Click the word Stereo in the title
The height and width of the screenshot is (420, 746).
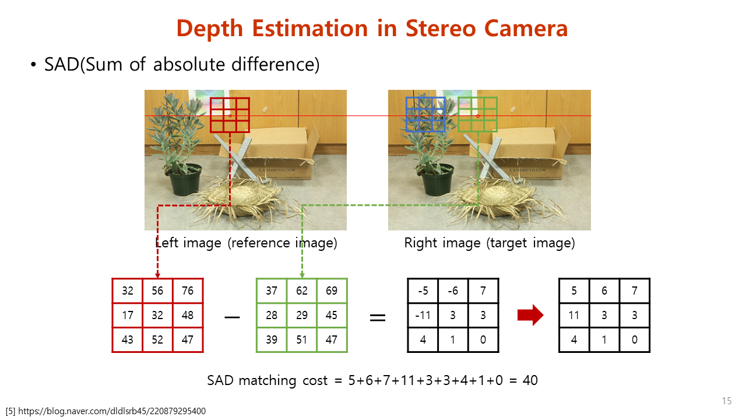[x=441, y=29]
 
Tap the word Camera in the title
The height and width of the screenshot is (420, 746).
[x=526, y=29]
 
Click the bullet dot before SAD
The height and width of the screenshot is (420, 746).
[x=33, y=64]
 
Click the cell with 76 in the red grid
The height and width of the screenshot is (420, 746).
[x=188, y=290]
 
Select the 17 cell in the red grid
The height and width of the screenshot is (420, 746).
[x=127, y=316]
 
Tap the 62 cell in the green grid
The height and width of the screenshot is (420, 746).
[x=302, y=290]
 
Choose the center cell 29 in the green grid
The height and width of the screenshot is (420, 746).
[x=302, y=316]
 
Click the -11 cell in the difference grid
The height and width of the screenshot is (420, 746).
[x=423, y=316]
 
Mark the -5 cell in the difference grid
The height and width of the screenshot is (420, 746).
[x=423, y=290]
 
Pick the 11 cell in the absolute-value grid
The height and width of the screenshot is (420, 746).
[x=574, y=316]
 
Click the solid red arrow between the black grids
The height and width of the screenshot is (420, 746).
[x=530, y=315]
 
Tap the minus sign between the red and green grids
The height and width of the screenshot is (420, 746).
[x=232, y=317]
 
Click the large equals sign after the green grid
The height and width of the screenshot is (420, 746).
[x=378, y=317]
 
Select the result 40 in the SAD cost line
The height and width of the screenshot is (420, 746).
[x=530, y=380]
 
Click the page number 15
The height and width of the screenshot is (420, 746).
[x=727, y=401]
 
